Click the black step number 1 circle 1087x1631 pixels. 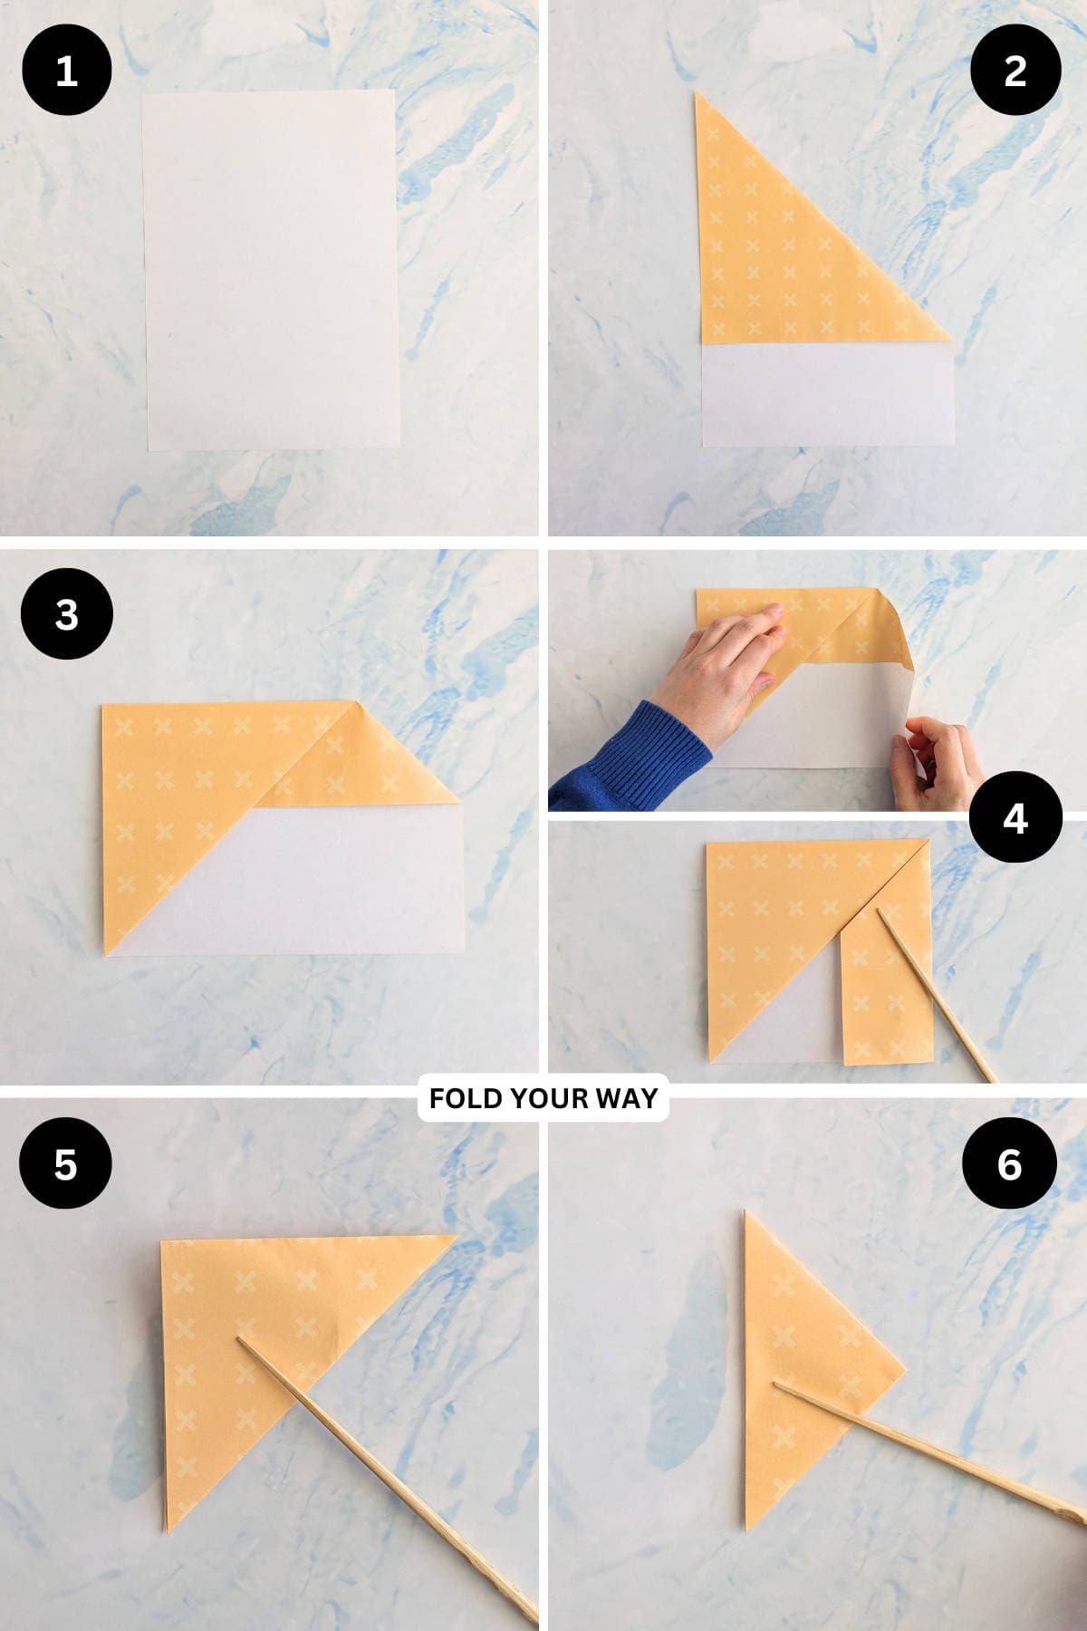66,70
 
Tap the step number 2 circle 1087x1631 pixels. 1015,70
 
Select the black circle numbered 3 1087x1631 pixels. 66,614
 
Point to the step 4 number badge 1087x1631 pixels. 1015,817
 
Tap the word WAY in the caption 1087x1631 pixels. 626,1098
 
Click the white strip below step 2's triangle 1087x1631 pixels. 828,394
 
